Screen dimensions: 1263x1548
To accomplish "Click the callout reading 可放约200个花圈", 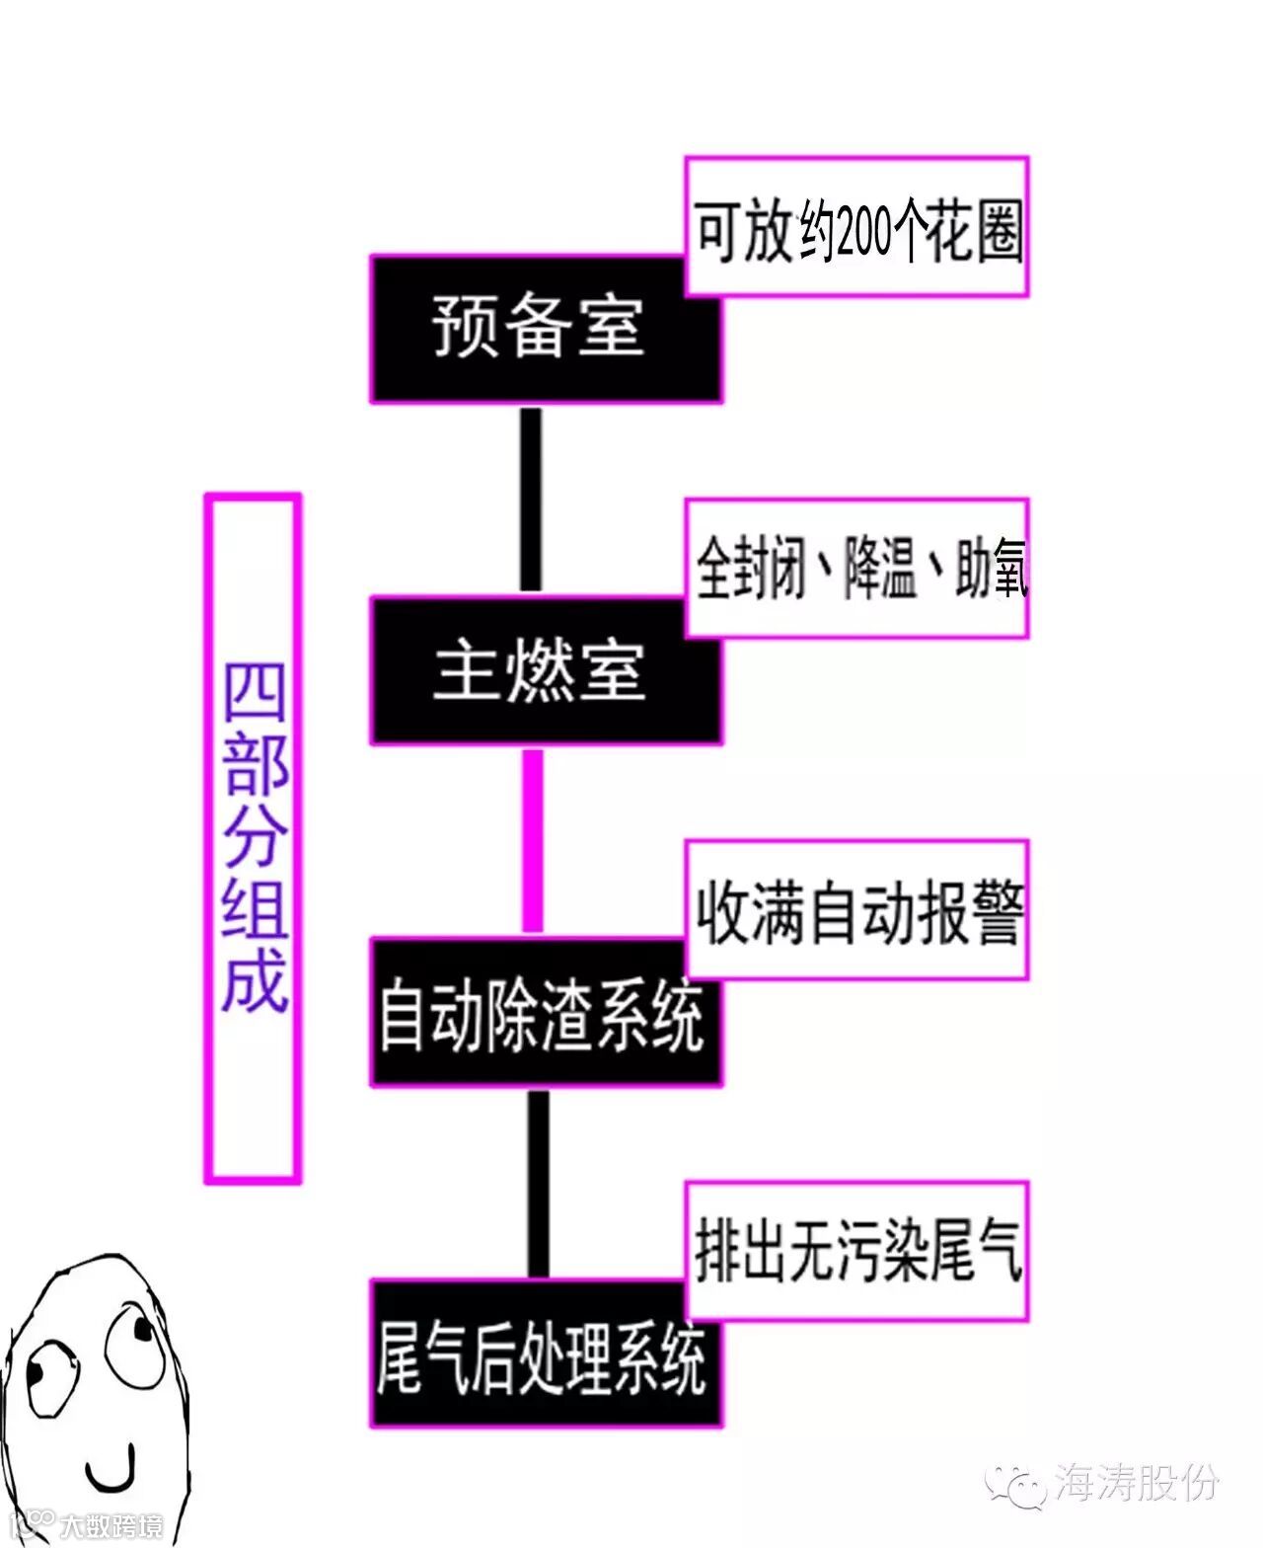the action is click(x=857, y=227).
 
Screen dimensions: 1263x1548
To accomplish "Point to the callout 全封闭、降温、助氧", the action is click(x=857, y=569).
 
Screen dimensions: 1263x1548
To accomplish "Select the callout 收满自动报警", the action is click(x=857, y=910).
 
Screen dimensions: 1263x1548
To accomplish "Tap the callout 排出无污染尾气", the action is click(x=857, y=1252).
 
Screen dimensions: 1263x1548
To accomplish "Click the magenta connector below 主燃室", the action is click(x=532, y=840).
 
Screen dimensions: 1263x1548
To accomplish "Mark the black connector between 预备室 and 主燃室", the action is click(x=531, y=499).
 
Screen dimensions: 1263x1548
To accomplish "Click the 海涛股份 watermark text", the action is click(x=1136, y=1485).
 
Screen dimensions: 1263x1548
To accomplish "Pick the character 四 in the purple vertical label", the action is click(x=254, y=692).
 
